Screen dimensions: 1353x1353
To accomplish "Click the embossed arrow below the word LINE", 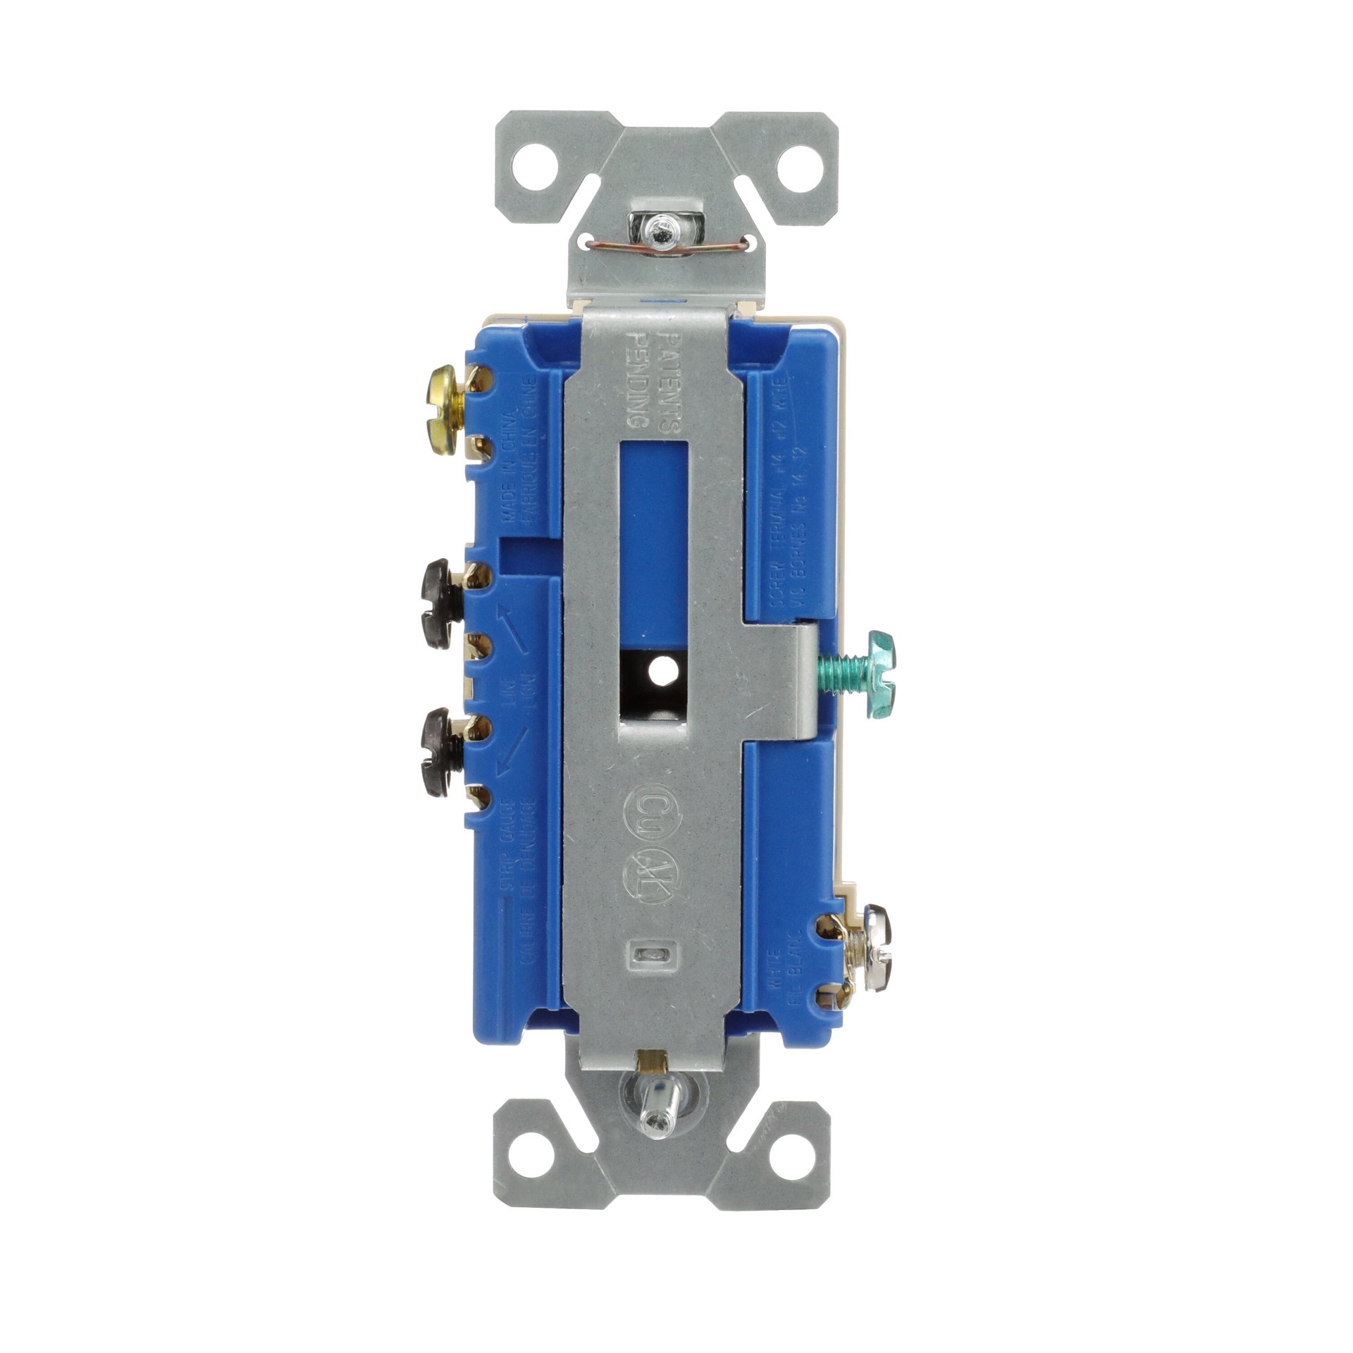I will tap(512, 748).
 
